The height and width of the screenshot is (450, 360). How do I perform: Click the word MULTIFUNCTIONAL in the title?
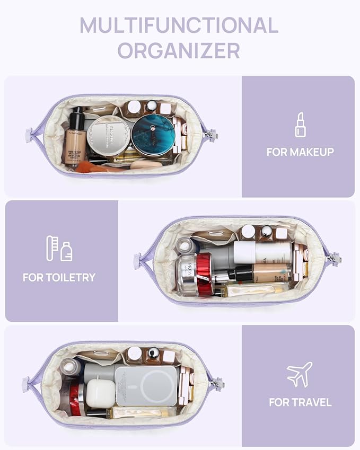pos(179,25)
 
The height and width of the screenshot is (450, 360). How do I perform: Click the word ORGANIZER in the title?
pos(179,50)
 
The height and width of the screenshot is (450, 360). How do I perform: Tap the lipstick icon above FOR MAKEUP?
pos(300,125)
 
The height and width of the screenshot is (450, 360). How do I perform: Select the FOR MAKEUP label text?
pos(300,152)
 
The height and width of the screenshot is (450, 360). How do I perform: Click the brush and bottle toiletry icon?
pos(59,249)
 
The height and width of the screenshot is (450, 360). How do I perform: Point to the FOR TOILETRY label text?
pos(59,277)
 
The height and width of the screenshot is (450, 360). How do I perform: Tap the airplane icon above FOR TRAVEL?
pos(300,374)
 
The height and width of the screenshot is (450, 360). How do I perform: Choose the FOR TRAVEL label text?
pos(300,402)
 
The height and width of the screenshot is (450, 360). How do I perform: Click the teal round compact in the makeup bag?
pos(153,135)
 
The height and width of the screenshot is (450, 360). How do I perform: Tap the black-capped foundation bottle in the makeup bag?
pos(75,136)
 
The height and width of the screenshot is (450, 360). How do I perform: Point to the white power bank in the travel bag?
pos(146,385)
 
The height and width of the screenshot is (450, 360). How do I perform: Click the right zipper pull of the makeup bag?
pos(212,135)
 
